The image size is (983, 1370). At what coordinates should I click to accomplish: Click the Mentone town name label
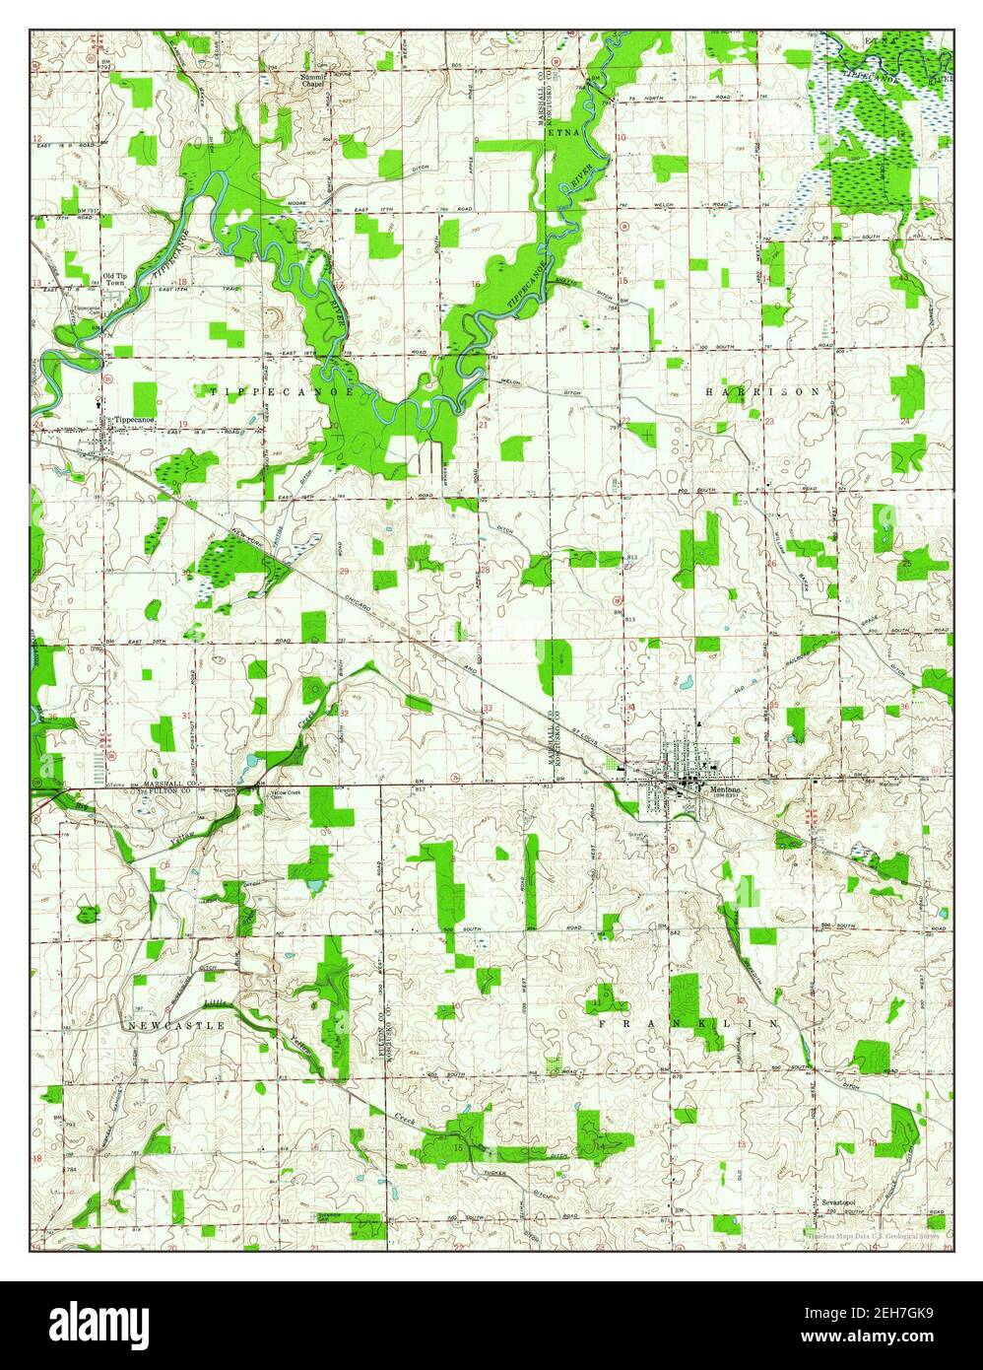point(718,788)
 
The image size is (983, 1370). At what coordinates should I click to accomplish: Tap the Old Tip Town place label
point(114,279)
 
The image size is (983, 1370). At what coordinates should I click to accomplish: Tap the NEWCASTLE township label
point(177,1025)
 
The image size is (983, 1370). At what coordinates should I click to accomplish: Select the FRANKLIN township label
point(689,1024)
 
